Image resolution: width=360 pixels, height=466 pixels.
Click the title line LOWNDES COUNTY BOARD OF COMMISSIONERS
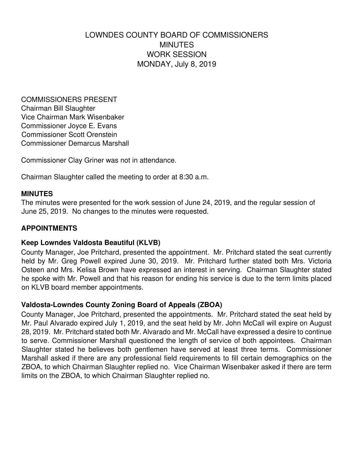(x=176, y=35)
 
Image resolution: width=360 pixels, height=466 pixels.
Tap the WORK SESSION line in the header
(x=176, y=54)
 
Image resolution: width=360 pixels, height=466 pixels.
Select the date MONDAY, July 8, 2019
(x=176, y=64)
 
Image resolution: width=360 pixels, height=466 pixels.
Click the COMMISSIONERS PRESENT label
(x=69, y=100)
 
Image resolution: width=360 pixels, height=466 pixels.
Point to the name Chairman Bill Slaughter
(x=58, y=108)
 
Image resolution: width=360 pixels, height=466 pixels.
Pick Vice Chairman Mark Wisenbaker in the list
(x=73, y=117)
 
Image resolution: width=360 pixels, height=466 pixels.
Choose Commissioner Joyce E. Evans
(x=69, y=126)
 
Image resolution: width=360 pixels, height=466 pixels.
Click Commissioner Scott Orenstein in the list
(x=69, y=135)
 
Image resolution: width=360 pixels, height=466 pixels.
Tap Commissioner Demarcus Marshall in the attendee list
(x=75, y=143)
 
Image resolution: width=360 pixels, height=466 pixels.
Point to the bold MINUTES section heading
(x=37, y=194)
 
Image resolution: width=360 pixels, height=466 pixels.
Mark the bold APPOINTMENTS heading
(x=49, y=228)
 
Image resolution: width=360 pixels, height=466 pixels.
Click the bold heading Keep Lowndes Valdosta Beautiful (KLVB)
(x=91, y=243)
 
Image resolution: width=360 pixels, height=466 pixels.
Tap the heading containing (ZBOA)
(x=122, y=305)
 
